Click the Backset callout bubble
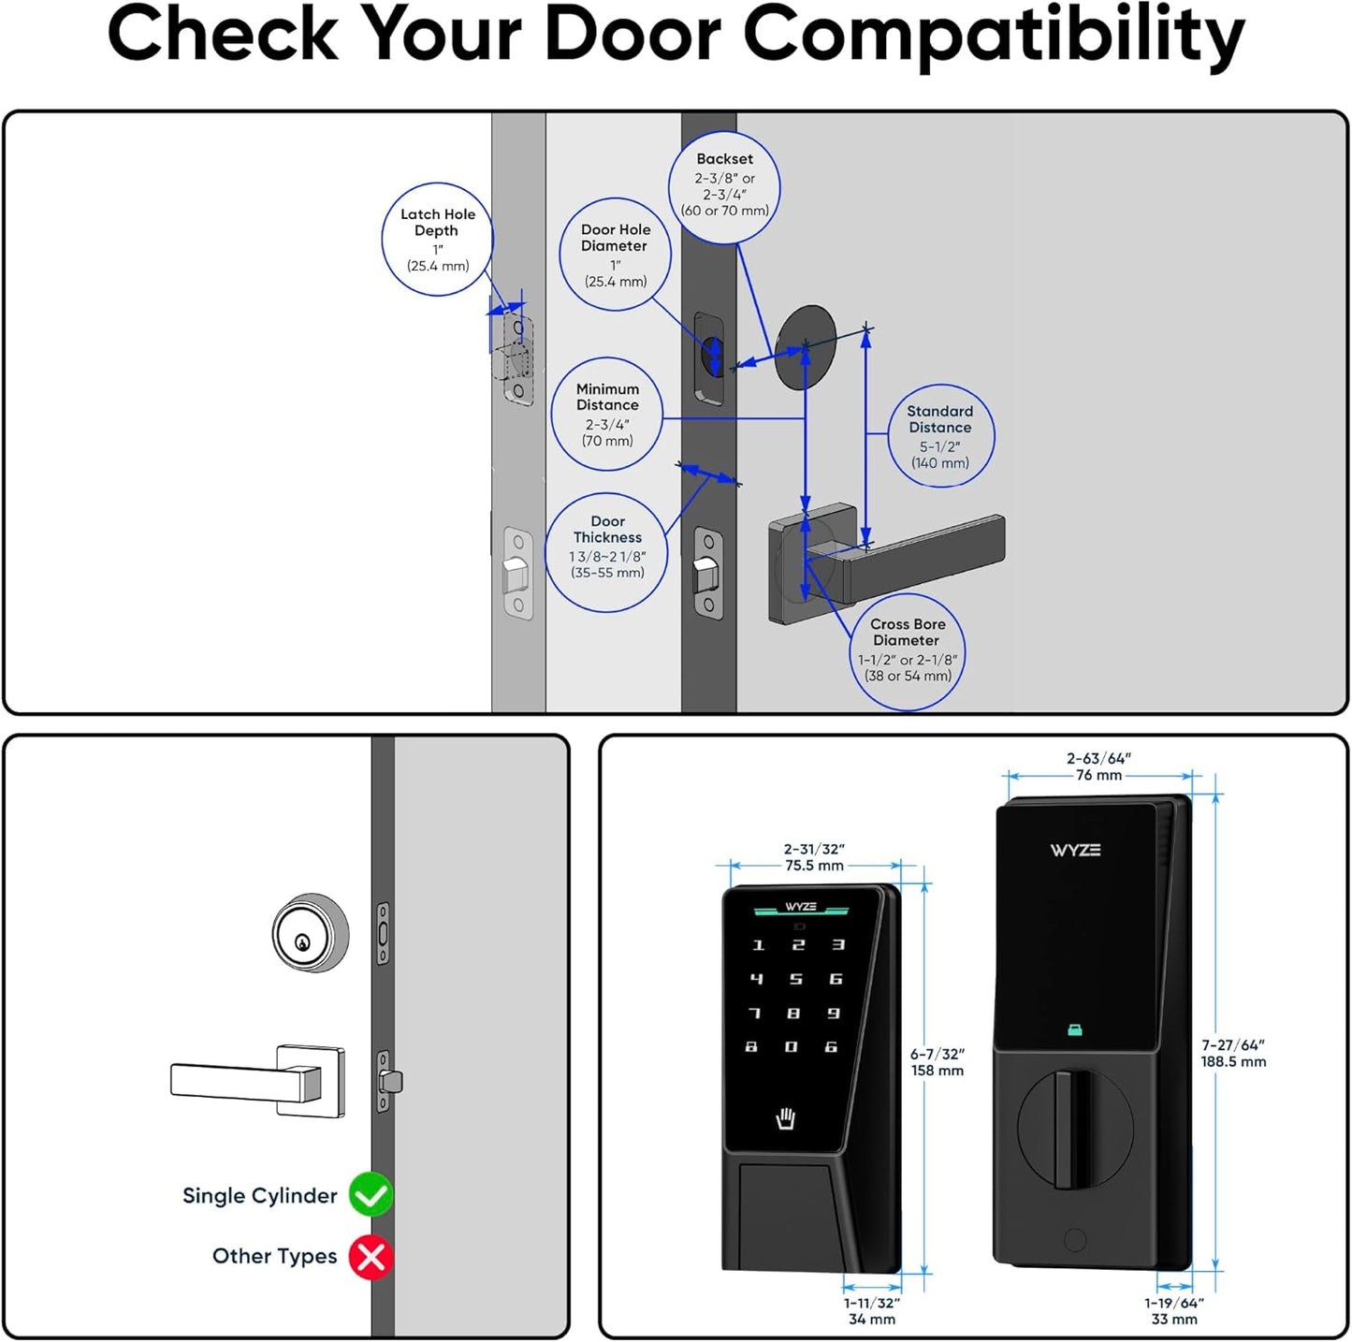point(724,185)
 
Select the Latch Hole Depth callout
point(437,240)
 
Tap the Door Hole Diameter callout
point(615,255)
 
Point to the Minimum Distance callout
point(606,414)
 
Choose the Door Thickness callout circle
point(607,552)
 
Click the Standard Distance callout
point(939,436)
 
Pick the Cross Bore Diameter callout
point(907,650)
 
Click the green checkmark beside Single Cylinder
point(371,1195)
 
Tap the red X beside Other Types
point(371,1257)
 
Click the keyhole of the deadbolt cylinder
point(302,941)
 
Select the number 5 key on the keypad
point(795,979)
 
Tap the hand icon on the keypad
point(786,1118)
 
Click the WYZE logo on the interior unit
point(1075,850)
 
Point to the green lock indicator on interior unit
point(1074,1030)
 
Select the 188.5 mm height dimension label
point(1233,1062)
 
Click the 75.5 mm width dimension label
point(814,866)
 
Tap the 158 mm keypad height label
point(938,1071)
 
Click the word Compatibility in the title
point(994,36)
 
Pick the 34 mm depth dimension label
point(871,1320)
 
